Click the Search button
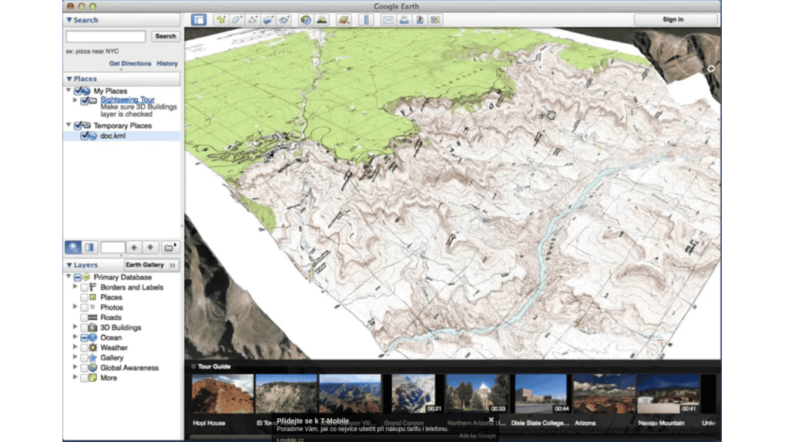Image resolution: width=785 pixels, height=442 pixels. (165, 36)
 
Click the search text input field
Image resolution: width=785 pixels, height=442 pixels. (106, 36)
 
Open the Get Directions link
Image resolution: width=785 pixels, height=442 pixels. (129, 64)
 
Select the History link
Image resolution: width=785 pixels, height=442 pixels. (167, 64)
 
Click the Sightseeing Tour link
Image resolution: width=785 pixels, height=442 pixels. (127, 100)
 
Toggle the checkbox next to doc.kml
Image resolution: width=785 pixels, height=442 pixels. (85, 136)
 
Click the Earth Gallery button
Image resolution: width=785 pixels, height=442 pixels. (145, 265)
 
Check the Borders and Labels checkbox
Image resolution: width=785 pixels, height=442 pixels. (84, 287)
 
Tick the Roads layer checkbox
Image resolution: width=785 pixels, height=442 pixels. (84, 317)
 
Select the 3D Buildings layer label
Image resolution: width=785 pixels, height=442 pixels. (120, 327)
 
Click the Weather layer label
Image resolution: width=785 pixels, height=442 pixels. (113, 348)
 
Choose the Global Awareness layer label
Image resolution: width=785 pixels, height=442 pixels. (129, 368)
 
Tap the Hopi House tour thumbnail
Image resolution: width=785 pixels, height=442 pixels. (222, 394)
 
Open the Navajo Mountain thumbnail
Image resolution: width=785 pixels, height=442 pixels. (668, 394)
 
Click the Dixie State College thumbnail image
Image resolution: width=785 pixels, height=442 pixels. (541, 394)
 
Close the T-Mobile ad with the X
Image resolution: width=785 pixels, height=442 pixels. (491, 420)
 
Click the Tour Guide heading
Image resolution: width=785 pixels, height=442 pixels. (213, 366)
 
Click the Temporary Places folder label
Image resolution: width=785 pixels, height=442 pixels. (122, 126)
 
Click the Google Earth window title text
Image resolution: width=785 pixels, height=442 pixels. (396, 6)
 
